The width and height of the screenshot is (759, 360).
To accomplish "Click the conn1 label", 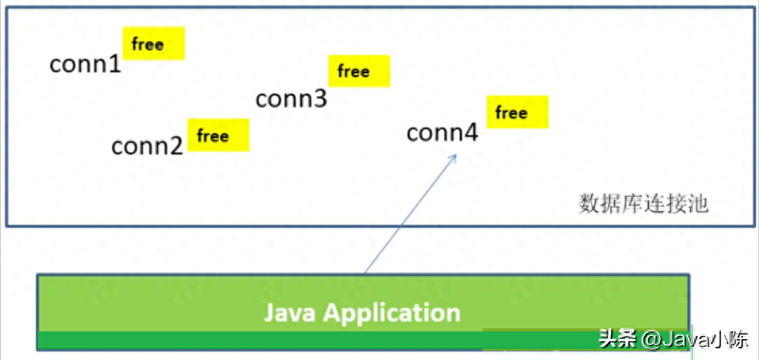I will pos(86,64).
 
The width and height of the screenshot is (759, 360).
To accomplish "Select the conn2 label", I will pos(147,145).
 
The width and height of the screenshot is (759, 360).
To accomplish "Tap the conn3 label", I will pos(291,99).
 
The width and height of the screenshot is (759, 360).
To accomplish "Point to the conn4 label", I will pos(442,134).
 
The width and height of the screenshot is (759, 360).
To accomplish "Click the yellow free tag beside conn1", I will pos(154,44).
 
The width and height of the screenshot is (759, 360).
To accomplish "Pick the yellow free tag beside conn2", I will pos(219,135).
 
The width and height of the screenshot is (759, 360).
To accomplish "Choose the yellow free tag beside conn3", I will pos(359,71).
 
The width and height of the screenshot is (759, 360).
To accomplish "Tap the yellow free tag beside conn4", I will pos(517,112).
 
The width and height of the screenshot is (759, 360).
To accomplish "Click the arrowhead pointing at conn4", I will pos(453,157).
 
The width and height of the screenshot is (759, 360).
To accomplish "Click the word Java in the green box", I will pos(290,313).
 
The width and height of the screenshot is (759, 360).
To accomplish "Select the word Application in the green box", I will pos(392,313).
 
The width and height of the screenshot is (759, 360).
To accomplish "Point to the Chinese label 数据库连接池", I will pos(643,204).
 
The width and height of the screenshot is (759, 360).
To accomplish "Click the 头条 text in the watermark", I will pos(616,338).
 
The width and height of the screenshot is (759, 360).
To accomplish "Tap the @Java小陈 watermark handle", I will pos(694,338).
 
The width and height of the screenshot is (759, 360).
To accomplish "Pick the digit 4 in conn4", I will pos(470,134).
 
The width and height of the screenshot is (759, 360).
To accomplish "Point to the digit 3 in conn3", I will pos(320,99).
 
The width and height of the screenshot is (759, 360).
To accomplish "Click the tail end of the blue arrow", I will pos(365,272).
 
